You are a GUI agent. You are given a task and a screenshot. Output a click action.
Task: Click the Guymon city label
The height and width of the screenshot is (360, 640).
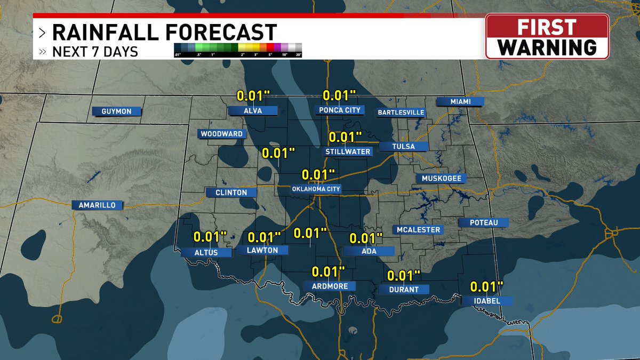pyautogui.click(x=116, y=111)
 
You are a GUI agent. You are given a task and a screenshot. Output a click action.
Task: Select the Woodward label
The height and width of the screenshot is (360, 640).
pyautogui.click(x=222, y=134)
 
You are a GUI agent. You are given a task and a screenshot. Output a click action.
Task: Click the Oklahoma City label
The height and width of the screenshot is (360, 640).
pyautogui.click(x=316, y=189)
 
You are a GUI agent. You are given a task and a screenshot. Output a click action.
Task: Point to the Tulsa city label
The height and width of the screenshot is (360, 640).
pyautogui.click(x=403, y=146)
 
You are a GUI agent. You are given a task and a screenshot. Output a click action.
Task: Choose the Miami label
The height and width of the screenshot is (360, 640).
pyautogui.click(x=460, y=101)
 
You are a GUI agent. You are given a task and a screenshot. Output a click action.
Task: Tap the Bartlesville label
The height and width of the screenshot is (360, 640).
pyautogui.click(x=401, y=113)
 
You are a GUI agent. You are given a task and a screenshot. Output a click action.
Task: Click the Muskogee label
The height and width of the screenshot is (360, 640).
pyautogui.click(x=441, y=178)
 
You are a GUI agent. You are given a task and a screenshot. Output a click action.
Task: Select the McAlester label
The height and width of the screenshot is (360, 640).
pyautogui.click(x=418, y=230)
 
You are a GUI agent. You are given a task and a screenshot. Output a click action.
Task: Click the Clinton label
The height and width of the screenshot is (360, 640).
pyautogui.click(x=231, y=193)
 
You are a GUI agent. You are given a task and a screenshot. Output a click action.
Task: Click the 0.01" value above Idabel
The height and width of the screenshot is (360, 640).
pyautogui.click(x=486, y=287)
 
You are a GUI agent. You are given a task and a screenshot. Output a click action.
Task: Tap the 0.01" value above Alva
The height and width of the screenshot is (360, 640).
pyautogui.click(x=253, y=96)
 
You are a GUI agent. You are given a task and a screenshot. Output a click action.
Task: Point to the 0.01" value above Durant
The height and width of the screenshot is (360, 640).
pyautogui.click(x=404, y=276)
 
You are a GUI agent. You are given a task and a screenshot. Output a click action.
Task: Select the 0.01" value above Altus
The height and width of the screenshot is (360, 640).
pyautogui.click(x=210, y=236)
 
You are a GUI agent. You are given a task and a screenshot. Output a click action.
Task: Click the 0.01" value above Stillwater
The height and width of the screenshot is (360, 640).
pyautogui.click(x=346, y=137)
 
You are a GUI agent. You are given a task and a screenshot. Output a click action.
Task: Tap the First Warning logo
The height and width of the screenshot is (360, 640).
pyautogui.click(x=547, y=36)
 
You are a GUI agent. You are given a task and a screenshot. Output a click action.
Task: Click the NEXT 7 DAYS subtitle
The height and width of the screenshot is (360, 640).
pyautogui.click(x=95, y=52)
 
